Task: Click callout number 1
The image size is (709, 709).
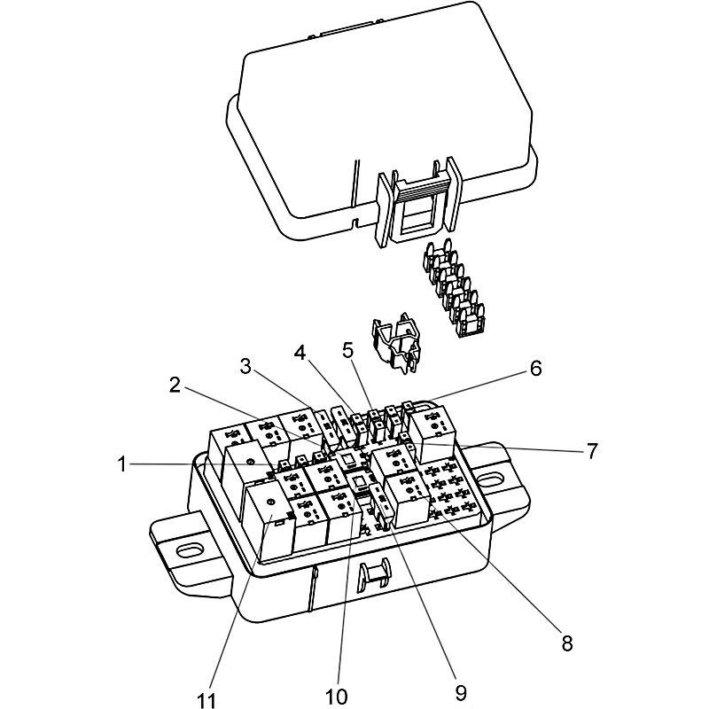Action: [121, 464]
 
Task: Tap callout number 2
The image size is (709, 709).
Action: [175, 385]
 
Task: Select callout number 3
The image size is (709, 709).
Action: [245, 367]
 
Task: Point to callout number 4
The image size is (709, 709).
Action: [300, 353]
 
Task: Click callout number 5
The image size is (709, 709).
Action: [347, 349]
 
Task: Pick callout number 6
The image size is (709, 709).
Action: [536, 369]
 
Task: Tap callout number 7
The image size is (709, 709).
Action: [592, 451]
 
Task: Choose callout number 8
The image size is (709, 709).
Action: [567, 643]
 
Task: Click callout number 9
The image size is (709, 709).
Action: [460, 692]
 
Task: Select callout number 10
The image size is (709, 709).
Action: [337, 697]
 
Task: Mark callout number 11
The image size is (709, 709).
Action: [206, 700]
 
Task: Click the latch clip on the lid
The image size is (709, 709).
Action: [419, 200]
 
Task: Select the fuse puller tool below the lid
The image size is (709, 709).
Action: [396, 343]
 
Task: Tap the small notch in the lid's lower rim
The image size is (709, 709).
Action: [355, 223]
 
